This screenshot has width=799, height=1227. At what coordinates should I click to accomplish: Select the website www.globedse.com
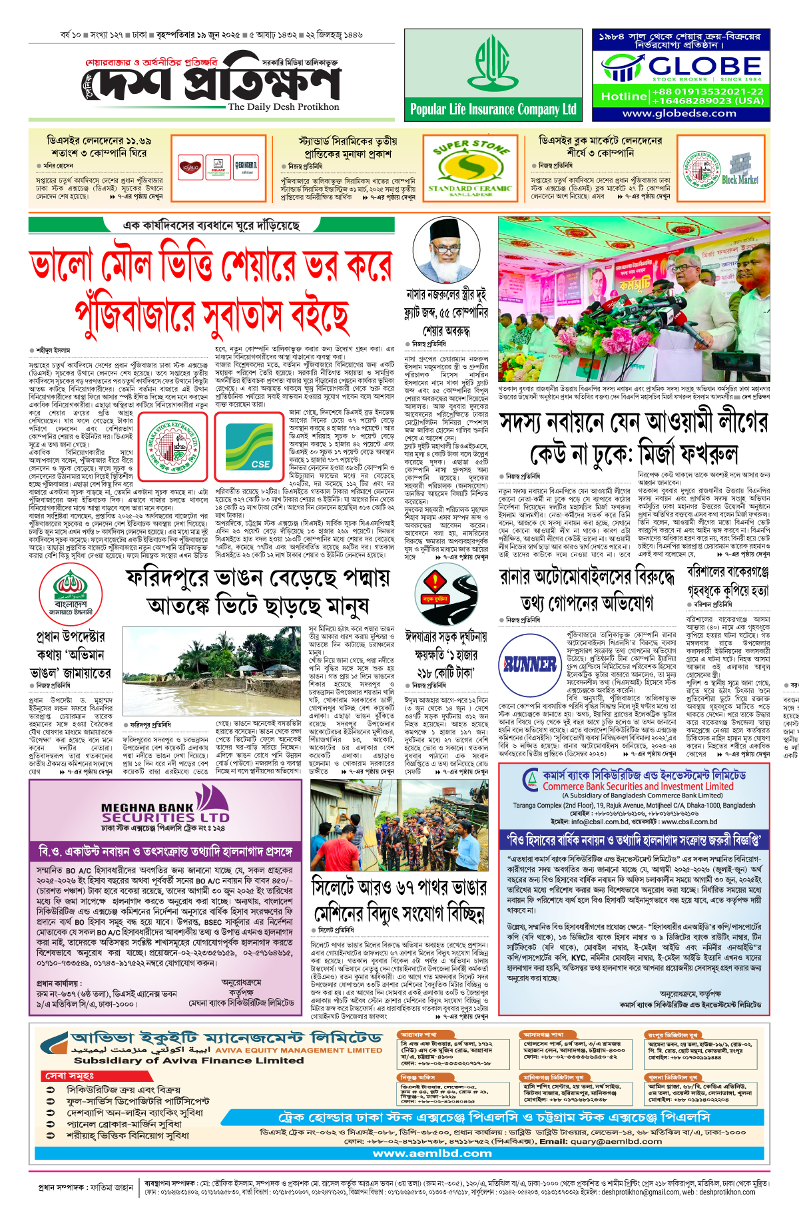[x=679, y=113]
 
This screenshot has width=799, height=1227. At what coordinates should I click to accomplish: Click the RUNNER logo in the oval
[x=530, y=664]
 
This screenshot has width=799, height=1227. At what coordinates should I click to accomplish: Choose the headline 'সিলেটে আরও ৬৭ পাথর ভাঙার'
[x=399, y=887]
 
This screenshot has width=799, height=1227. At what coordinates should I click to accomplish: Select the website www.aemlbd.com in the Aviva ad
[x=432, y=1153]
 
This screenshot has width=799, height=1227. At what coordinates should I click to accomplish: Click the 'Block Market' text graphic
[x=739, y=179]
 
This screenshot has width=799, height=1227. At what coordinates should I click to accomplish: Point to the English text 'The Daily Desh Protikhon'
[x=283, y=107]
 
